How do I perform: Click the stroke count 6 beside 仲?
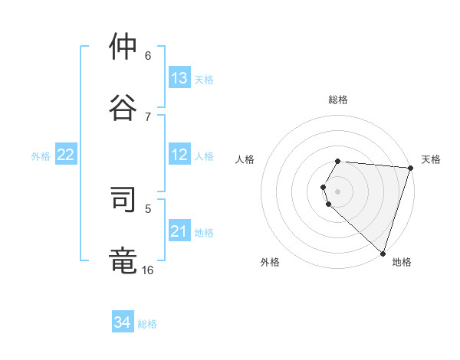point(148,55)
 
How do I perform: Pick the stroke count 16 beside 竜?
point(147,270)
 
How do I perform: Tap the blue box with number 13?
point(179,78)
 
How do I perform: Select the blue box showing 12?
point(179,155)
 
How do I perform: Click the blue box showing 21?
point(179,231)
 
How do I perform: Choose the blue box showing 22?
point(66,155)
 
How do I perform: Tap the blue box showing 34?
point(123,322)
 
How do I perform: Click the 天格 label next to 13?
point(204,79)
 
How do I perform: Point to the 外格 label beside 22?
point(41,155)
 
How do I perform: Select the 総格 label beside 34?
point(147,323)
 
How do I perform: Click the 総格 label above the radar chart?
point(338,100)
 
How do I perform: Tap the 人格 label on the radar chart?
point(245,159)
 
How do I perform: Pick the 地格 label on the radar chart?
point(402,263)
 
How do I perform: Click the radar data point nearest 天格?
point(410,168)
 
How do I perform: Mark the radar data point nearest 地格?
point(383,254)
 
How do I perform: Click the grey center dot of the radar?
point(338,191)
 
